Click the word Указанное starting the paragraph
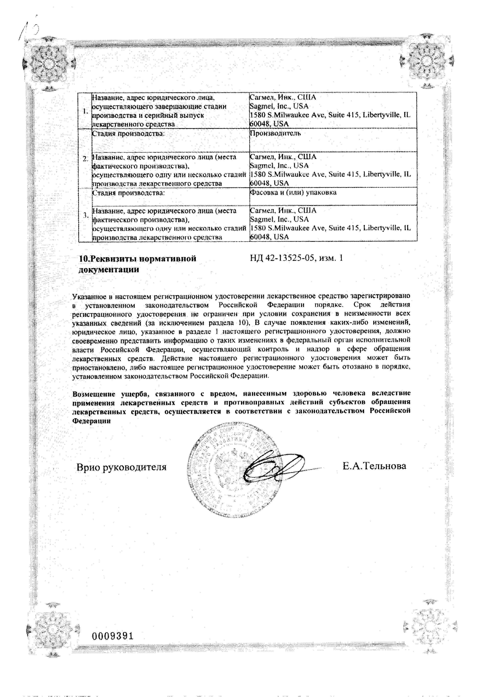click(x=89, y=296)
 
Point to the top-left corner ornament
click(x=49, y=64)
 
